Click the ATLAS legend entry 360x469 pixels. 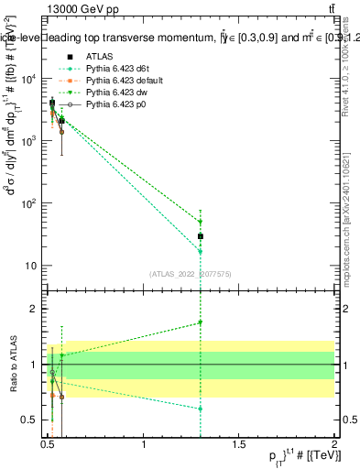point(100,55)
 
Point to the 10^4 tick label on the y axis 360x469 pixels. point(30,79)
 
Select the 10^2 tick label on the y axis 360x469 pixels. point(30,203)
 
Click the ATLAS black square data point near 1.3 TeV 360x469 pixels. point(201,236)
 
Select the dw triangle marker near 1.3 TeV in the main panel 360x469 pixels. point(201,222)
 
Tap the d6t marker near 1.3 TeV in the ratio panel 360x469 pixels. point(201,409)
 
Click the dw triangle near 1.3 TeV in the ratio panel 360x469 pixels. point(201,322)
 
